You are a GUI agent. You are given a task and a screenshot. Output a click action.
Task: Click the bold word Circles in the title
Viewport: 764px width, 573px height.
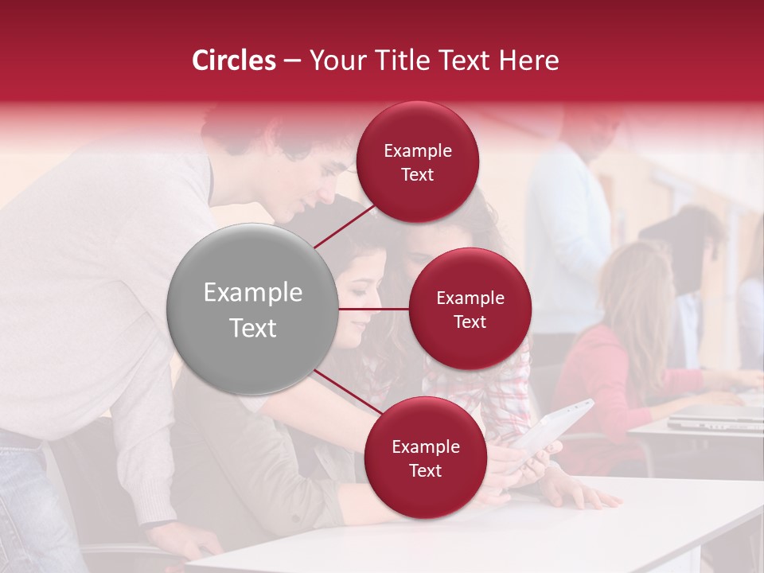tap(234, 60)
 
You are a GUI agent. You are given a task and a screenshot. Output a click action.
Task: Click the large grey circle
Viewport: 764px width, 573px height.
tap(252, 309)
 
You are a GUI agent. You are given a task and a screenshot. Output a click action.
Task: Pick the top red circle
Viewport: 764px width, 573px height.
tap(418, 162)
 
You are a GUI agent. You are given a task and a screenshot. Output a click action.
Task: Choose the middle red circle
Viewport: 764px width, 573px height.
tap(470, 309)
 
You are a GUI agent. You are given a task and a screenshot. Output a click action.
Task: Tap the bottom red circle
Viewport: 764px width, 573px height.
tap(425, 458)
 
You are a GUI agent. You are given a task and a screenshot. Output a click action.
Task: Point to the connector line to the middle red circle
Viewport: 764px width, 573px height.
tap(374, 309)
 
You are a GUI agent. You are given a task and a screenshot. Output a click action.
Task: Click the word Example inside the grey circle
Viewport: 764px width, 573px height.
tap(252, 293)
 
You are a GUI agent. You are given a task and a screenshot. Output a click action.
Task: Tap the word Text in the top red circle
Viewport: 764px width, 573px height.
tap(418, 174)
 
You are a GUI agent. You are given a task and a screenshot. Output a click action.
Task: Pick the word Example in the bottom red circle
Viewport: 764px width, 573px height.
tap(425, 446)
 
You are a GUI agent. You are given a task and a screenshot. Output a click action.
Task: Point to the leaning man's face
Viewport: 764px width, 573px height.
tap(322, 179)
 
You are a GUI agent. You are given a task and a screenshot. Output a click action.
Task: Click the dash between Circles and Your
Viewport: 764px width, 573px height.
tap(292, 60)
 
